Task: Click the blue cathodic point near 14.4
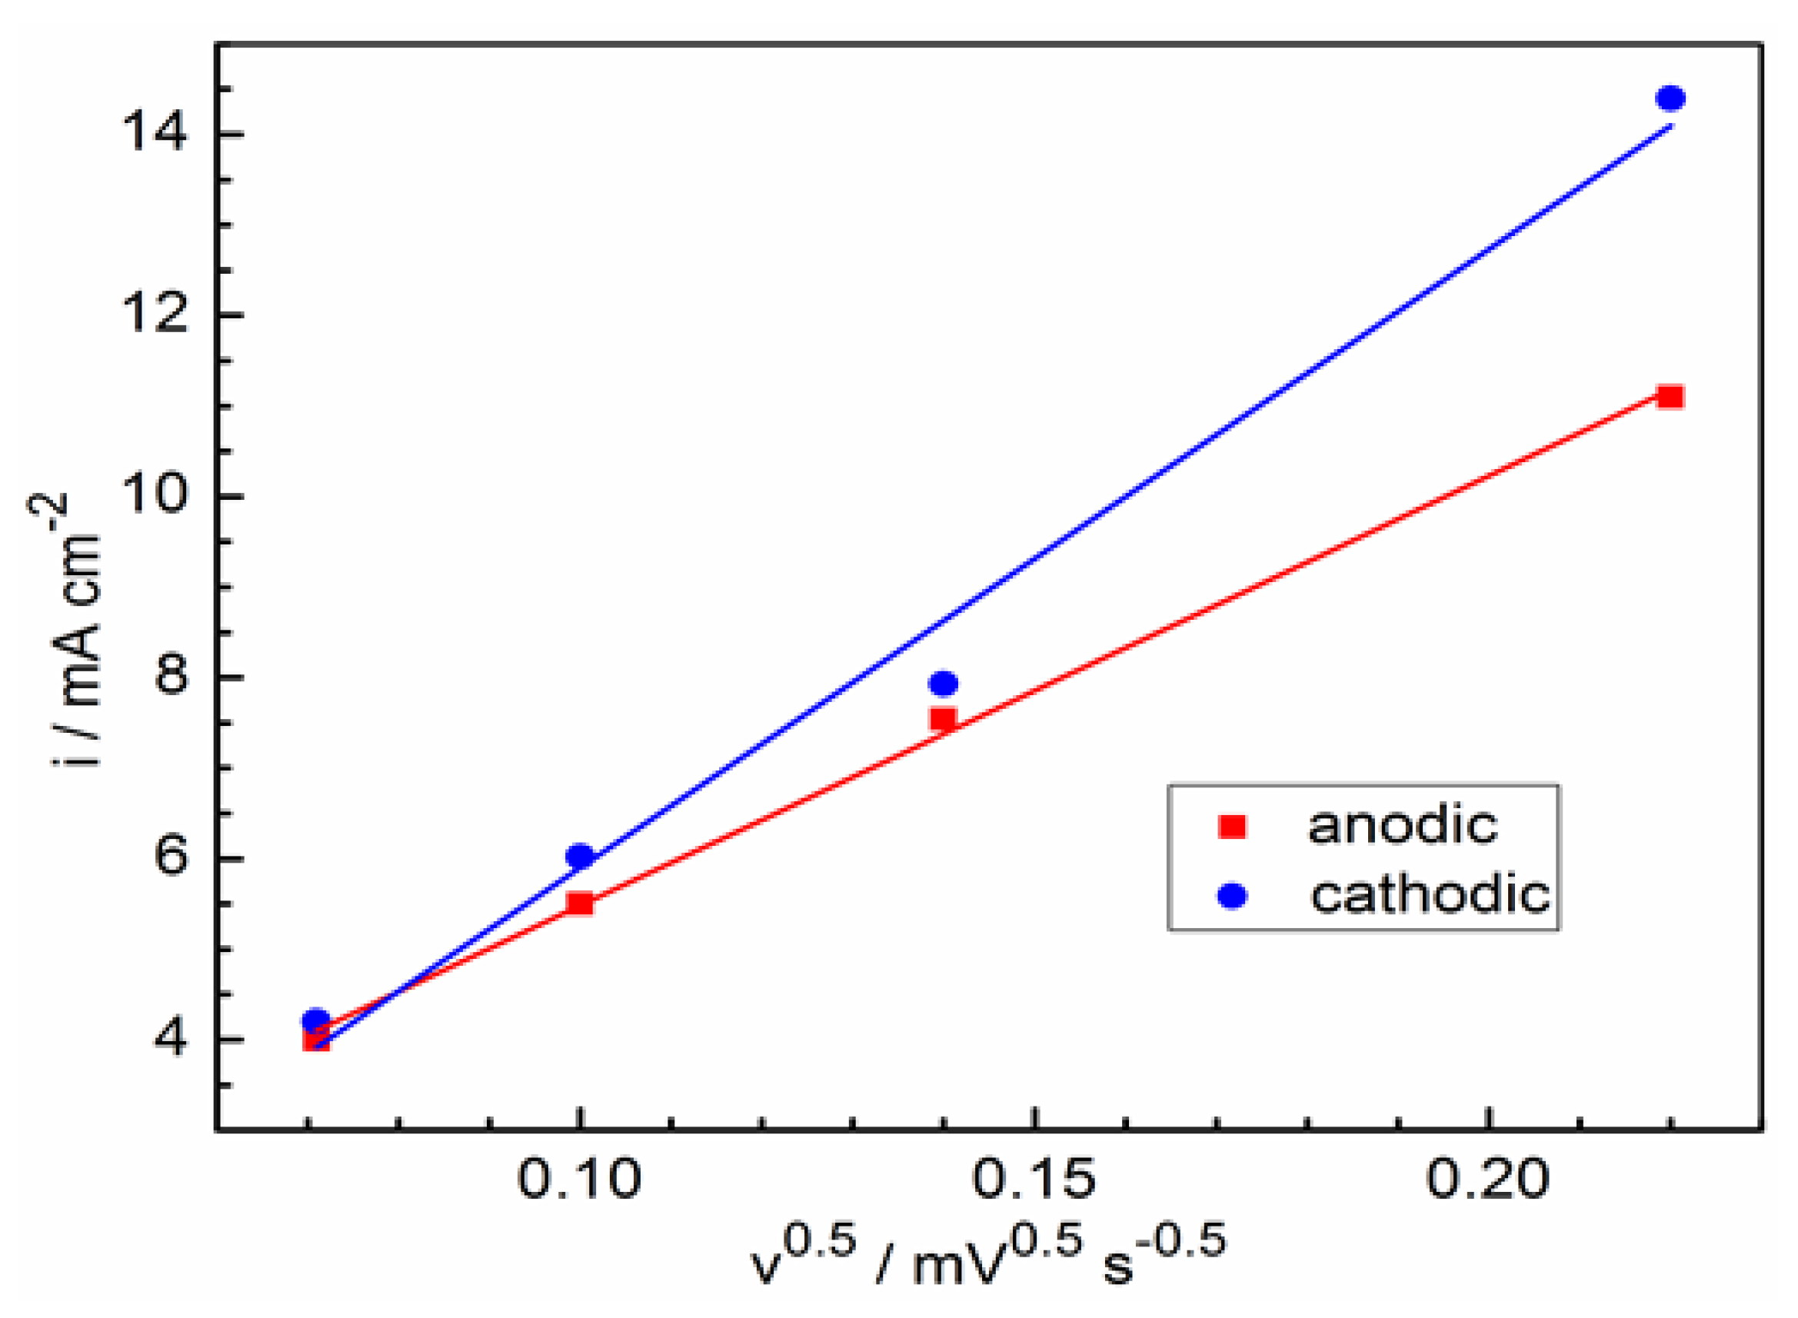(1670, 99)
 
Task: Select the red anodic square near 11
(1670, 397)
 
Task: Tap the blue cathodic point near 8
(943, 683)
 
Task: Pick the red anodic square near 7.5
(943, 719)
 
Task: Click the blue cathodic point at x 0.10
(580, 856)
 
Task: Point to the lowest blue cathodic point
(316, 1020)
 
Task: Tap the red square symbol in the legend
(1232, 827)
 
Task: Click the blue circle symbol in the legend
(1232, 896)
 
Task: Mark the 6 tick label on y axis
(169, 857)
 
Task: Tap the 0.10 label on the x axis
(579, 1178)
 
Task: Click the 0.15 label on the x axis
(1033, 1178)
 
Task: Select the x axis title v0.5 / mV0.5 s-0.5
(987, 1258)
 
